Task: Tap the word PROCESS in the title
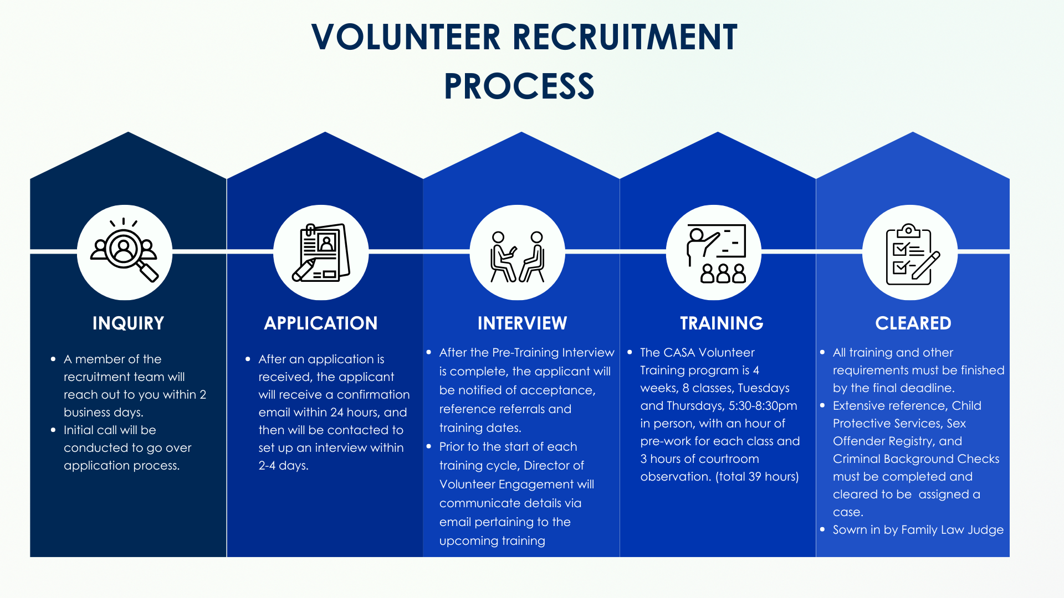click(519, 86)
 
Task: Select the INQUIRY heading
click(128, 323)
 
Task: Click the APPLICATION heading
click(321, 323)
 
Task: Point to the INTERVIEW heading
click(522, 323)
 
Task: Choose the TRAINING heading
click(722, 323)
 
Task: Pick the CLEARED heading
click(913, 323)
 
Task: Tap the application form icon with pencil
click(321, 252)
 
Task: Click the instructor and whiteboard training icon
click(715, 254)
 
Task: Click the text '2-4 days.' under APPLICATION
click(283, 466)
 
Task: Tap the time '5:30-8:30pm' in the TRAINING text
click(763, 406)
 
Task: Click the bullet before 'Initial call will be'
click(53, 430)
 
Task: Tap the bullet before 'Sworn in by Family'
click(822, 529)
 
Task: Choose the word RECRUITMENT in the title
click(625, 38)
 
